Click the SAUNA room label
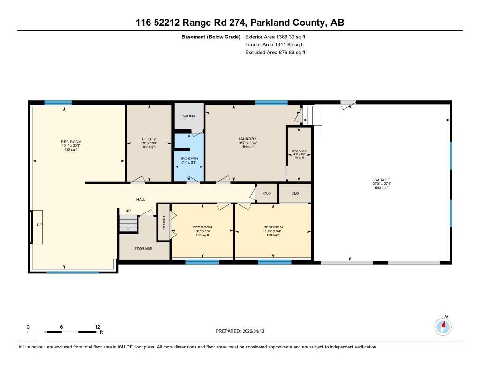pyautogui.click(x=189, y=116)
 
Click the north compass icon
pyautogui.click(x=443, y=326)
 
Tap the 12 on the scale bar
pyautogui.click(x=97, y=327)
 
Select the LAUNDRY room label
pyautogui.click(x=247, y=139)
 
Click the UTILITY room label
pyautogui.click(x=149, y=139)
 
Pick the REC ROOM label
pyautogui.click(x=71, y=142)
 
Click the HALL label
pyautogui.click(x=141, y=199)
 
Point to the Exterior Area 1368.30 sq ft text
pyautogui.click(x=275, y=37)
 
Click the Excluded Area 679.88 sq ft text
pyautogui.click(x=275, y=53)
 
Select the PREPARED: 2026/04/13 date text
pyautogui.click(x=243, y=331)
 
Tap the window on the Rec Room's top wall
pyautogui.click(x=58, y=103)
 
